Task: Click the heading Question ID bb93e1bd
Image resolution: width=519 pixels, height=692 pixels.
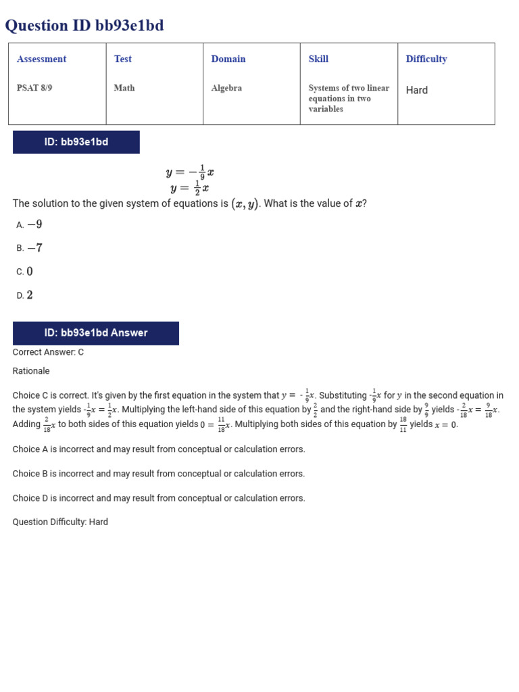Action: click(84, 26)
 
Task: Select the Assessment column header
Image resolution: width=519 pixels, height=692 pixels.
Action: click(42, 59)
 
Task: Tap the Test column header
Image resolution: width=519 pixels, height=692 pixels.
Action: click(123, 59)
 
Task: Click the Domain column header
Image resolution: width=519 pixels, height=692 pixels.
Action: click(228, 59)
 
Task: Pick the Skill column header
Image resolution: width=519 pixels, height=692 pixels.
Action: click(318, 59)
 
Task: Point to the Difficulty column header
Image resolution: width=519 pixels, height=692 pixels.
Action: click(426, 59)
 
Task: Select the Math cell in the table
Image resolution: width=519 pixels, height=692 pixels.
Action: click(124, 89)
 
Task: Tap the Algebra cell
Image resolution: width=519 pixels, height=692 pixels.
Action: click(226, 89)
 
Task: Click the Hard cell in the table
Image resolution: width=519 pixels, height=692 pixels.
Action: click(417, 90)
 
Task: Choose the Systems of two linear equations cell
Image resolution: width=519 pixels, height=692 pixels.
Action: click(349, 99)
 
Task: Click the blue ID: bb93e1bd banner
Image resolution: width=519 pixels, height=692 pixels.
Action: click(76, 143)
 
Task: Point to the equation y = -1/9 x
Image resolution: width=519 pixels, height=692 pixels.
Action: click(190, 172)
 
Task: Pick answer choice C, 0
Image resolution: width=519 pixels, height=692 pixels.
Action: click(25, 272)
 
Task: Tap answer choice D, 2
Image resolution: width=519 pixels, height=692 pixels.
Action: click(25, 295)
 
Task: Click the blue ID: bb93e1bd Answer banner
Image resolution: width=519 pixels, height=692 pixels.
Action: click(96, 333)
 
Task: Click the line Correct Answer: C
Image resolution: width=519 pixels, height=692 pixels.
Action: click(48, 352)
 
